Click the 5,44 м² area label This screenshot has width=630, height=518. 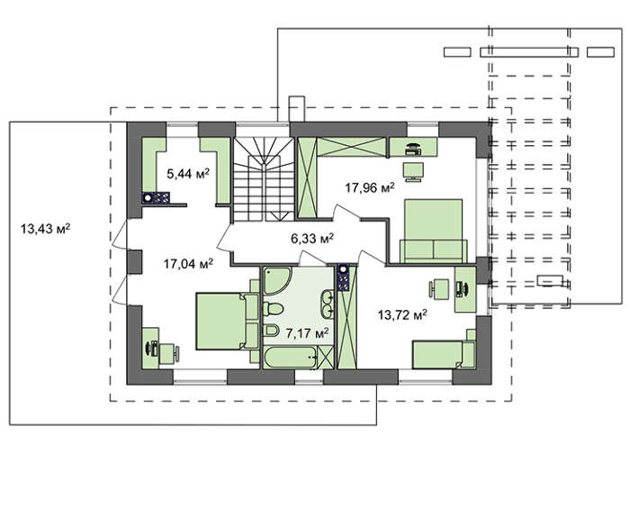click(188, 174)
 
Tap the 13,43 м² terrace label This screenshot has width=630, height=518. click(45, 229)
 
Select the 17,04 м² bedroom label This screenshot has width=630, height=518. click(188, 264)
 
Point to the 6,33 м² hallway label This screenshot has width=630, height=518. click(312, 239)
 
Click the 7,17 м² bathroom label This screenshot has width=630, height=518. click(308, 333)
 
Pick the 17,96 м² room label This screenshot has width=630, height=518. click(370, 187)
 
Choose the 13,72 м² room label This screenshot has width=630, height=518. click(402, 314)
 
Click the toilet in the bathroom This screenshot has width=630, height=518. click(274, 309)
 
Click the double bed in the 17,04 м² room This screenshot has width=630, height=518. click(227, 322)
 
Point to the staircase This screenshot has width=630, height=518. click(264, 179)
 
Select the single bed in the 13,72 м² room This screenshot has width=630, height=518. click(444, 354)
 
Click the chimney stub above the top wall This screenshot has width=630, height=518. click(297, 109)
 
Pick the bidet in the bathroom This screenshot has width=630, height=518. click(272, 331)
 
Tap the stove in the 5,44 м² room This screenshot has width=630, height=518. click(156, 198)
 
